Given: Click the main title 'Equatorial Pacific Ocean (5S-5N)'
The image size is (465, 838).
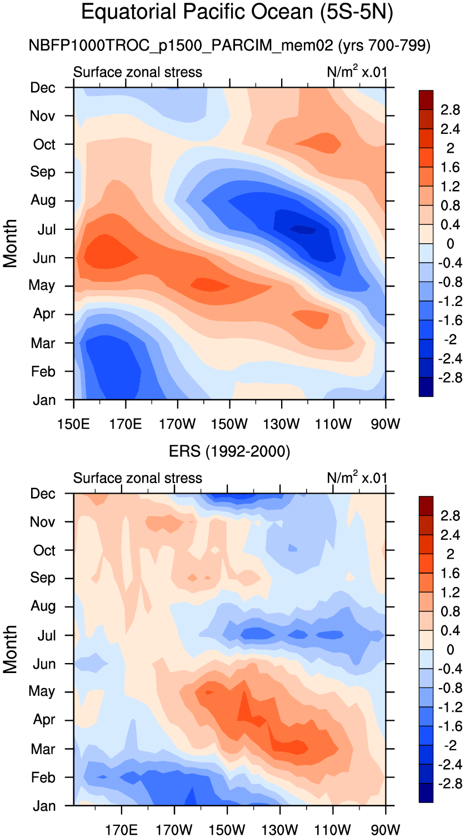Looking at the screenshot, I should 237,12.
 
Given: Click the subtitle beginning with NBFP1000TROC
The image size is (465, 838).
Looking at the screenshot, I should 229,46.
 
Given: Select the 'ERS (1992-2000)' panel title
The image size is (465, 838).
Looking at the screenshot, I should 229,452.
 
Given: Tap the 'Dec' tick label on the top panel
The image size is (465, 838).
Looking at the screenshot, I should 43,88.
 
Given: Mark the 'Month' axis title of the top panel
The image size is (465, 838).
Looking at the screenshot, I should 11,243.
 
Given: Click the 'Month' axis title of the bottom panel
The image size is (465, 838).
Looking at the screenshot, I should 11,649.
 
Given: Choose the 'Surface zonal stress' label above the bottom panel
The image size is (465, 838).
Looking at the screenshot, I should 138,478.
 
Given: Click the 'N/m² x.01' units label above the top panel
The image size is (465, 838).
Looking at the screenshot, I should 357,72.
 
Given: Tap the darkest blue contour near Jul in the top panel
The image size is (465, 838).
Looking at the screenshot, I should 303,228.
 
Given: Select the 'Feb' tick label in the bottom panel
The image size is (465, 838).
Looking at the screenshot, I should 43,778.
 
